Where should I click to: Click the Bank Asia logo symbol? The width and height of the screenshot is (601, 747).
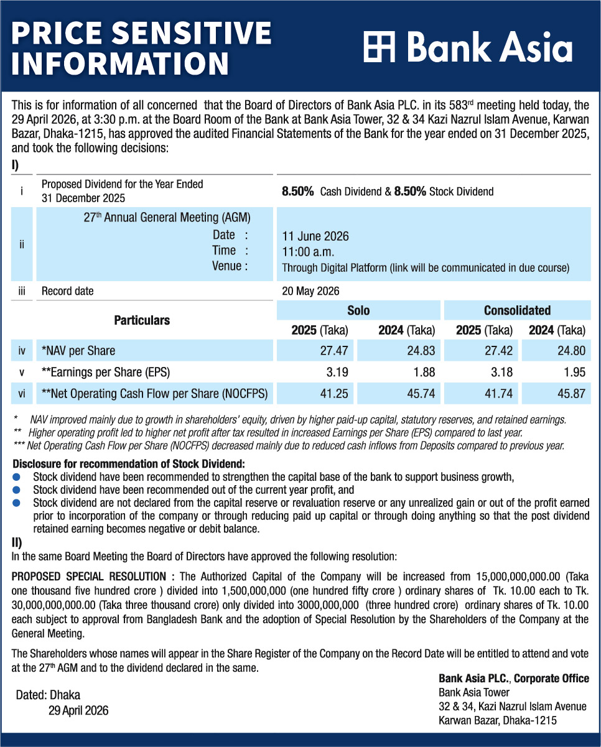379,48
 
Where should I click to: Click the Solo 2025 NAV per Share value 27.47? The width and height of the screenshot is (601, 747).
333,350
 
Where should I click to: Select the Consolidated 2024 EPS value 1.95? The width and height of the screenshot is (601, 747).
574,372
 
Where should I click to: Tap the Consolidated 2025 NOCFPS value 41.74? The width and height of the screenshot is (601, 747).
498,393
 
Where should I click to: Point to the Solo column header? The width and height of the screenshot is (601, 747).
358,310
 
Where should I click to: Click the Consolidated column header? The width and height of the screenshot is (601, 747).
517,310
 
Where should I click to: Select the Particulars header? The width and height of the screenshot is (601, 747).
142,320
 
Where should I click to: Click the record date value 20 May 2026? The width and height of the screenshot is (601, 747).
310,290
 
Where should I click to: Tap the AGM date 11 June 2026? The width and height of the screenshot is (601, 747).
315,236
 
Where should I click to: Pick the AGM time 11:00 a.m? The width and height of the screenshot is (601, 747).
307,252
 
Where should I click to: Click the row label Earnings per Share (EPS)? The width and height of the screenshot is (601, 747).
105,372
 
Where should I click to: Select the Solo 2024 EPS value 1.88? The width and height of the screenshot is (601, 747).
422,372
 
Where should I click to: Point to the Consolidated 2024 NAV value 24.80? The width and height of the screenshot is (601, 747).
571,350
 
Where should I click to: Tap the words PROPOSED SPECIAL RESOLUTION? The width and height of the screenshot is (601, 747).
89,577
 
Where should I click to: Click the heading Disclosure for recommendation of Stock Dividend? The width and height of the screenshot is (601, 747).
129,464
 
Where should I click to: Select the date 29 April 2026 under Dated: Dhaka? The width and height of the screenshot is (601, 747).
78,710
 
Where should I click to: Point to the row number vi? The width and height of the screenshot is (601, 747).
22,393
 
